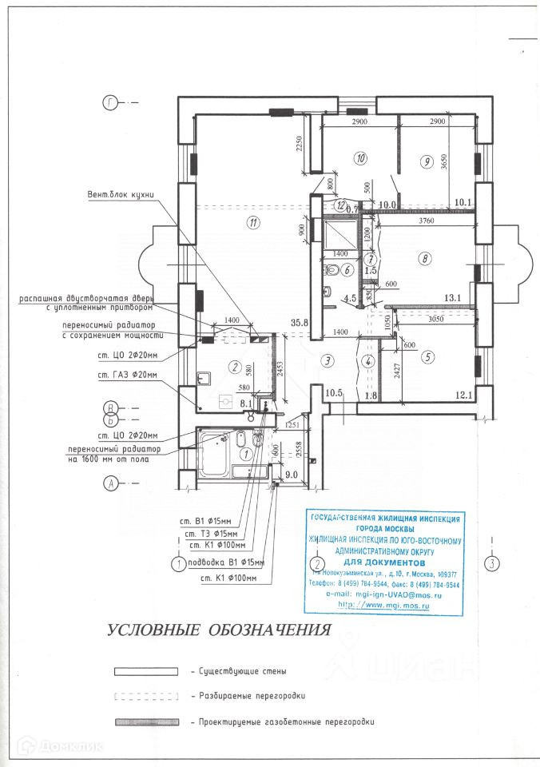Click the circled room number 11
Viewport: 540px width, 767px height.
click(x=254, y=223)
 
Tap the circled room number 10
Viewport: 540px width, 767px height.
click(x=361, y=158)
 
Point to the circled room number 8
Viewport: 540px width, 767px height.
click(x=425, y=258)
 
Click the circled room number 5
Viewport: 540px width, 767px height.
click(x=428, y=358)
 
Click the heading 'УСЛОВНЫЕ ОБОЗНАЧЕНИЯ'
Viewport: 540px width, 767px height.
click(x=219, y=630)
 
